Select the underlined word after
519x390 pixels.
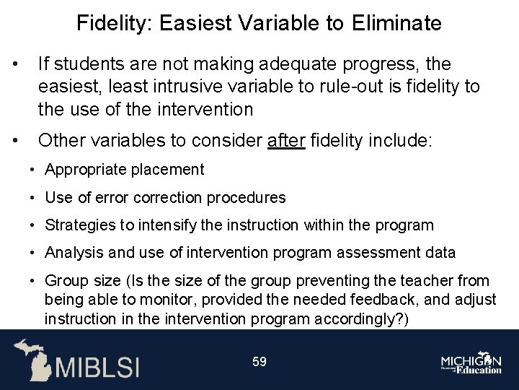pyautogui.click(x=286, y=140)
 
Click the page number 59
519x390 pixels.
pyautogui.click(x=259, y=362)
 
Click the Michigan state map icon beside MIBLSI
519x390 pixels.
pyautogui.click(x=32, y=359)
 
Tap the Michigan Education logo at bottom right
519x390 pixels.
pyautogui.click(x=473, y=363)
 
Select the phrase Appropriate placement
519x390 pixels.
pyautogui.click(x=124, y=170)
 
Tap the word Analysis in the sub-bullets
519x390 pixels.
pyautogui.click(x=71, y=253)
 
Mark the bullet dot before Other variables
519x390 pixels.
pyautogui.click(x=16, y=140)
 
